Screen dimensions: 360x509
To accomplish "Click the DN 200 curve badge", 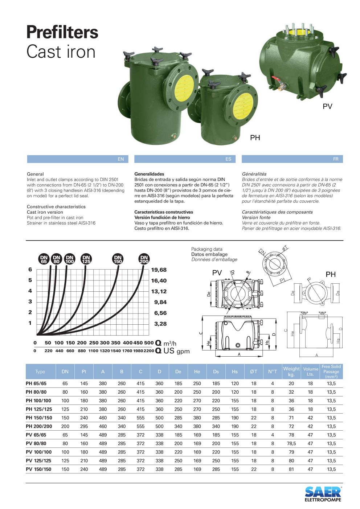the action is point(144,259).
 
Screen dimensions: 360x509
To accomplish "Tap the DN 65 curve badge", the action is point(44,259).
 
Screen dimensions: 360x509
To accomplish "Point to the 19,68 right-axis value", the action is point(159,270).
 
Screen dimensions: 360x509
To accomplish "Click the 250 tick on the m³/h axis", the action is point(94,343).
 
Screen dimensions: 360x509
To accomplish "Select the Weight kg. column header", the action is point(291,372).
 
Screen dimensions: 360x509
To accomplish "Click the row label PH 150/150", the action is point(39,418).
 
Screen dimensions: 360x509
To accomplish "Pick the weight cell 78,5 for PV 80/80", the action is point(291,443).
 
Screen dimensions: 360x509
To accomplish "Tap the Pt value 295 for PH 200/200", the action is point(84,426).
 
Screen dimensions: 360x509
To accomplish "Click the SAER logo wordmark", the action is point(323,492).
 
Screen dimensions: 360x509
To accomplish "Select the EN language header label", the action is point(121,159).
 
